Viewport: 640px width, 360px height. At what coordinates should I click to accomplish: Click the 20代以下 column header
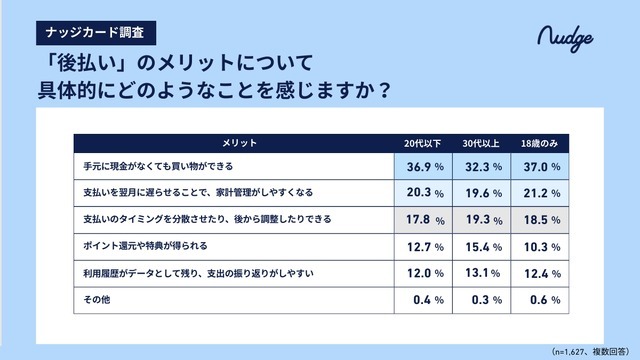(423, 140)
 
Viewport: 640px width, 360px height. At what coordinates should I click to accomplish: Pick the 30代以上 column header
(481, 140)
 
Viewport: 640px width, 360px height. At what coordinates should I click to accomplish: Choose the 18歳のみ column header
(541, 140)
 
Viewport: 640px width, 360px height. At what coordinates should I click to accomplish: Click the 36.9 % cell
(423, 166)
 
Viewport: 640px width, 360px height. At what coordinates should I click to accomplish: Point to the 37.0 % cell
(541, 166)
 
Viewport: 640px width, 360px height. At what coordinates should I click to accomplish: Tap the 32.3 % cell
(481, 166)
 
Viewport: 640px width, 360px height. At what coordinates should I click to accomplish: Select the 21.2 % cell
(541, 193)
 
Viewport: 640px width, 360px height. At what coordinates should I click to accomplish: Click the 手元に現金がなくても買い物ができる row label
(159, 166)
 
